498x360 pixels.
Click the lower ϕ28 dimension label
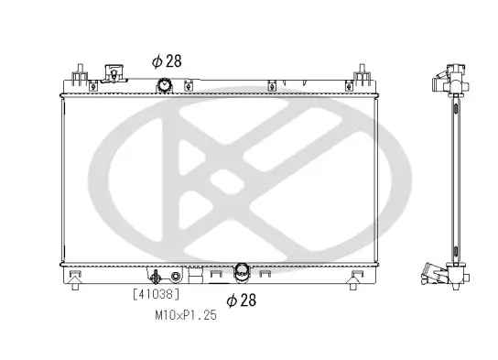pos(242,300)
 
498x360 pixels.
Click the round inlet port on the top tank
pos(165,86)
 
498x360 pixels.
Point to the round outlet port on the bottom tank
pos(242,271)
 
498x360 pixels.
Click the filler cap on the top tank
pos(114,73)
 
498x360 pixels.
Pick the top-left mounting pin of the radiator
pos(79,72)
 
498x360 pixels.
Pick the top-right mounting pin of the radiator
pos(363,72)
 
